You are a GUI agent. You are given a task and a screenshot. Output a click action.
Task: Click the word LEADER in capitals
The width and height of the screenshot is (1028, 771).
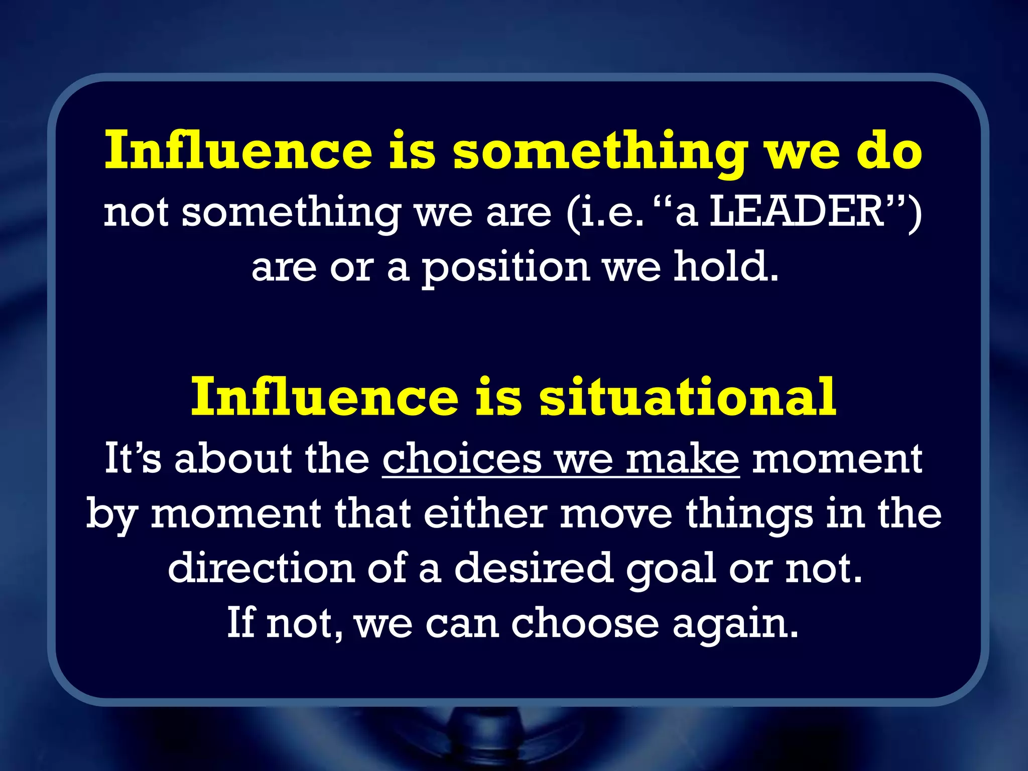pos(798,212)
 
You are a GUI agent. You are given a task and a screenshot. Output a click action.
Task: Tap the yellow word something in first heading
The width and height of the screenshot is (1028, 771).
pos(600,152)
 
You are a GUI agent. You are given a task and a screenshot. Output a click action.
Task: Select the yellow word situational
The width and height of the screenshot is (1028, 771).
pos(688,397)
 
